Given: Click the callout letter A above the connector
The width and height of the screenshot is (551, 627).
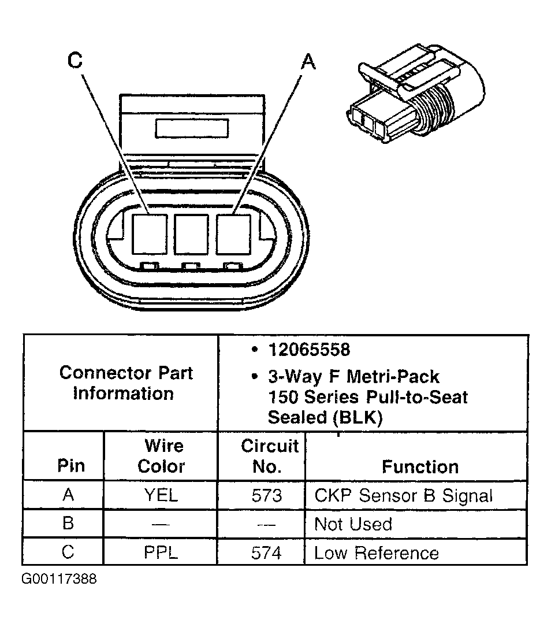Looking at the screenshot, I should [309, 61].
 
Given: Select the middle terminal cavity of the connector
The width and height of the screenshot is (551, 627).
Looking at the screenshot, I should [191, 234].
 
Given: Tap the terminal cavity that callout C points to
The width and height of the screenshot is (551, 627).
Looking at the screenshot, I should [149, 234].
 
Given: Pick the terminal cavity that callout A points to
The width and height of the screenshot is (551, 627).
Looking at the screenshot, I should [233, 234].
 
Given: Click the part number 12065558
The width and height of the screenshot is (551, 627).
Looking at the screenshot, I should [309, 350].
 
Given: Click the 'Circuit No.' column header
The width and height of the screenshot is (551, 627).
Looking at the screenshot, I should [269, 457].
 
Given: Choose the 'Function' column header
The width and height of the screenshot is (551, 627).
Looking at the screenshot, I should [420, 467].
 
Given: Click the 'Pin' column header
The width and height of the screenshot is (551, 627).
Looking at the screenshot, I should [71, 467].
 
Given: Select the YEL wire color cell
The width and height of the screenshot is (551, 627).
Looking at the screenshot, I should [162, 495].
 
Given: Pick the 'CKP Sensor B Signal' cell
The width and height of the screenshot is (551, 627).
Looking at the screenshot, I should [403, 495].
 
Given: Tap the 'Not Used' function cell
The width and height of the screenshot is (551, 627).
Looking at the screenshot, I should [353, 524].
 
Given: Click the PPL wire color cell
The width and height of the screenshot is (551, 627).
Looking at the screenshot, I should [161, 552].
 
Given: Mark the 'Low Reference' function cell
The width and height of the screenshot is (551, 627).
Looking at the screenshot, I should [376, 552].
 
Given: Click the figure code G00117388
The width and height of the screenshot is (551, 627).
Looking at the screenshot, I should [59, 579].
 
